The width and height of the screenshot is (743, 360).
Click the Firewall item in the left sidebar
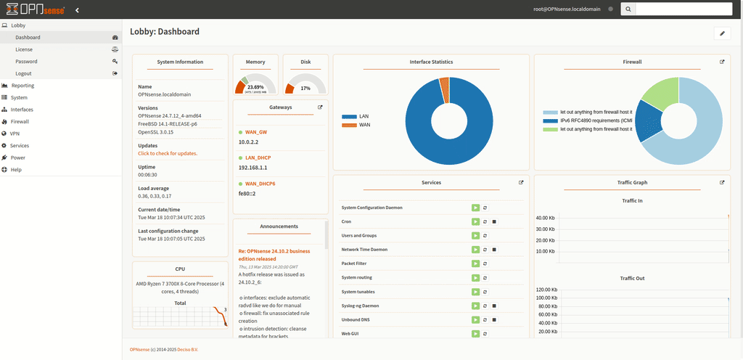tap(20, 121)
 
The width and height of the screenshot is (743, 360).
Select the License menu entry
tap(24, 49)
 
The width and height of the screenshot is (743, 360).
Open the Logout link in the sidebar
tap(23, 73)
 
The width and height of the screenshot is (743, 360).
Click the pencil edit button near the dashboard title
tap(721, 33)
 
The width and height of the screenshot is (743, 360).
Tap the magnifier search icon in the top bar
tap(628, 9)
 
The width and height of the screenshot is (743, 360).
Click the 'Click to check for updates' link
tap(168, 153)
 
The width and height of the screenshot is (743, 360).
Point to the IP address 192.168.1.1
tap(253, 168)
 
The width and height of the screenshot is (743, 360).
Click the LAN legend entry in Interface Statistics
tap(364, 116)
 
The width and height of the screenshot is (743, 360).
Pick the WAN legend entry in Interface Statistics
tap(364, 125)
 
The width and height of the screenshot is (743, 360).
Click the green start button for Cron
tap(475, 221)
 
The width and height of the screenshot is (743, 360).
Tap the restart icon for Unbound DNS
tap(485, 319)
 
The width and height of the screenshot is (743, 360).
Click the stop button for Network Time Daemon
tap(494, 250)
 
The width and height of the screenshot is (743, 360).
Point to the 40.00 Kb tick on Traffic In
tap(546, 218)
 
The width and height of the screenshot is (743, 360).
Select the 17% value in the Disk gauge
tap(305, 88)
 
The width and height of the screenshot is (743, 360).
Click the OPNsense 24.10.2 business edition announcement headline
tap(278, 253)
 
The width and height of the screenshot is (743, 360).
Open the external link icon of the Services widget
tap(521, 183)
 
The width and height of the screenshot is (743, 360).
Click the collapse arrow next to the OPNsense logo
tap(78, 9)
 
